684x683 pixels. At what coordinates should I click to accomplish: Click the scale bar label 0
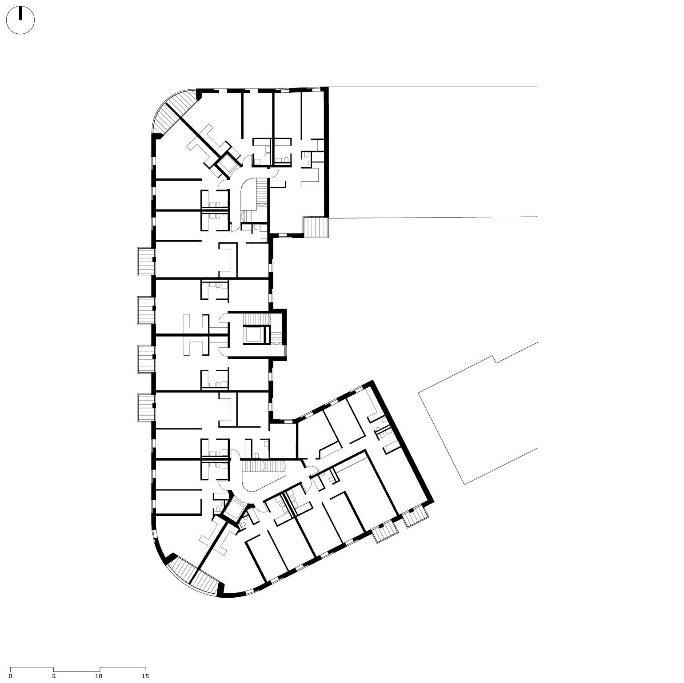click(10, 676)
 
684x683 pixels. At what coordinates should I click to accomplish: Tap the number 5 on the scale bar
click(54, 676)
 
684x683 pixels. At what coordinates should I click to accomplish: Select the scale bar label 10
click(99, 676)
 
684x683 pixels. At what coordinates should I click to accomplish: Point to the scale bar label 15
click(145, 676)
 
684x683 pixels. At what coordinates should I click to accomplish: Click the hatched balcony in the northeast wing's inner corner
click(315, 227)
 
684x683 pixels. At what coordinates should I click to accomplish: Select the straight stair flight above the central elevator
click(256, 319)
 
